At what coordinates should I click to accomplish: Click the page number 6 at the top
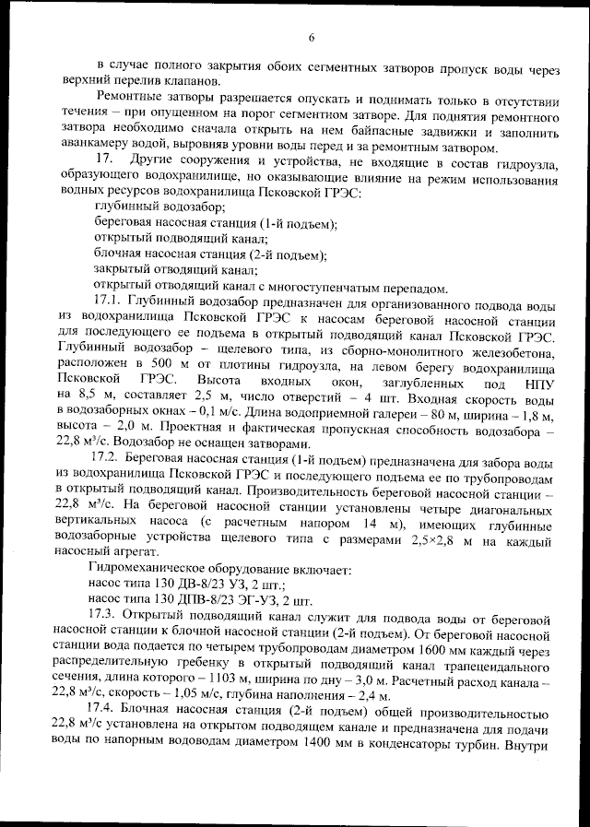[311, 37]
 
